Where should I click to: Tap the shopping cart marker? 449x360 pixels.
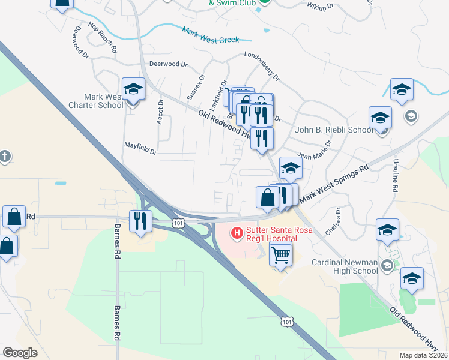coord(280,255)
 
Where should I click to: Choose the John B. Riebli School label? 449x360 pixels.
coord(334,130)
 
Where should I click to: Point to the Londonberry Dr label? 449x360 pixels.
coord(262,66)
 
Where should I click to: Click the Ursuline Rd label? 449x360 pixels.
coord(395,176)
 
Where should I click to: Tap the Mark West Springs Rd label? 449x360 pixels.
coord(333,184)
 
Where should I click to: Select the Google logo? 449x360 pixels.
coord(20,353)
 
